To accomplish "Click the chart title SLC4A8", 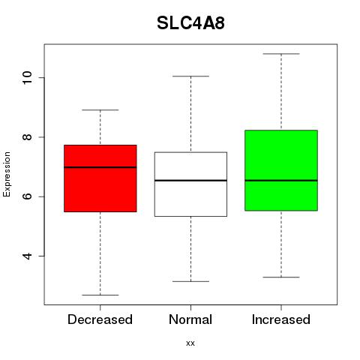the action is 190,23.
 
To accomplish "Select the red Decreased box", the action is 100,178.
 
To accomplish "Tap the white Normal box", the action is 190,184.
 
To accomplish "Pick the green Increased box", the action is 281,170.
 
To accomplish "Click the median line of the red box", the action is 100,167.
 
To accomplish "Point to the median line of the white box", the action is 190,180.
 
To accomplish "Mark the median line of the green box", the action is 281,180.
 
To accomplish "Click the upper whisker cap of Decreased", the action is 100,109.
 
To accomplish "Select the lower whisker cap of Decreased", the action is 100,295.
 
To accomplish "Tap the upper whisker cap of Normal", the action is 190,76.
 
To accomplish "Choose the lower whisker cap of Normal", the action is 190,281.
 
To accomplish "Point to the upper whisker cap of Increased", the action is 281,54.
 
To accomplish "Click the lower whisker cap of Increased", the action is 281,277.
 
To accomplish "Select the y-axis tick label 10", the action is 27,77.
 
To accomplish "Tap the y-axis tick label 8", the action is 27,137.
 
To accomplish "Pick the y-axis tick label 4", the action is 27,256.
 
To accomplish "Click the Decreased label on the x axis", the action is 100,319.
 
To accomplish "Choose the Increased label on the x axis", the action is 281,319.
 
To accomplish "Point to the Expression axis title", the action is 7,174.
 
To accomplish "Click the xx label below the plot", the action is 190,343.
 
